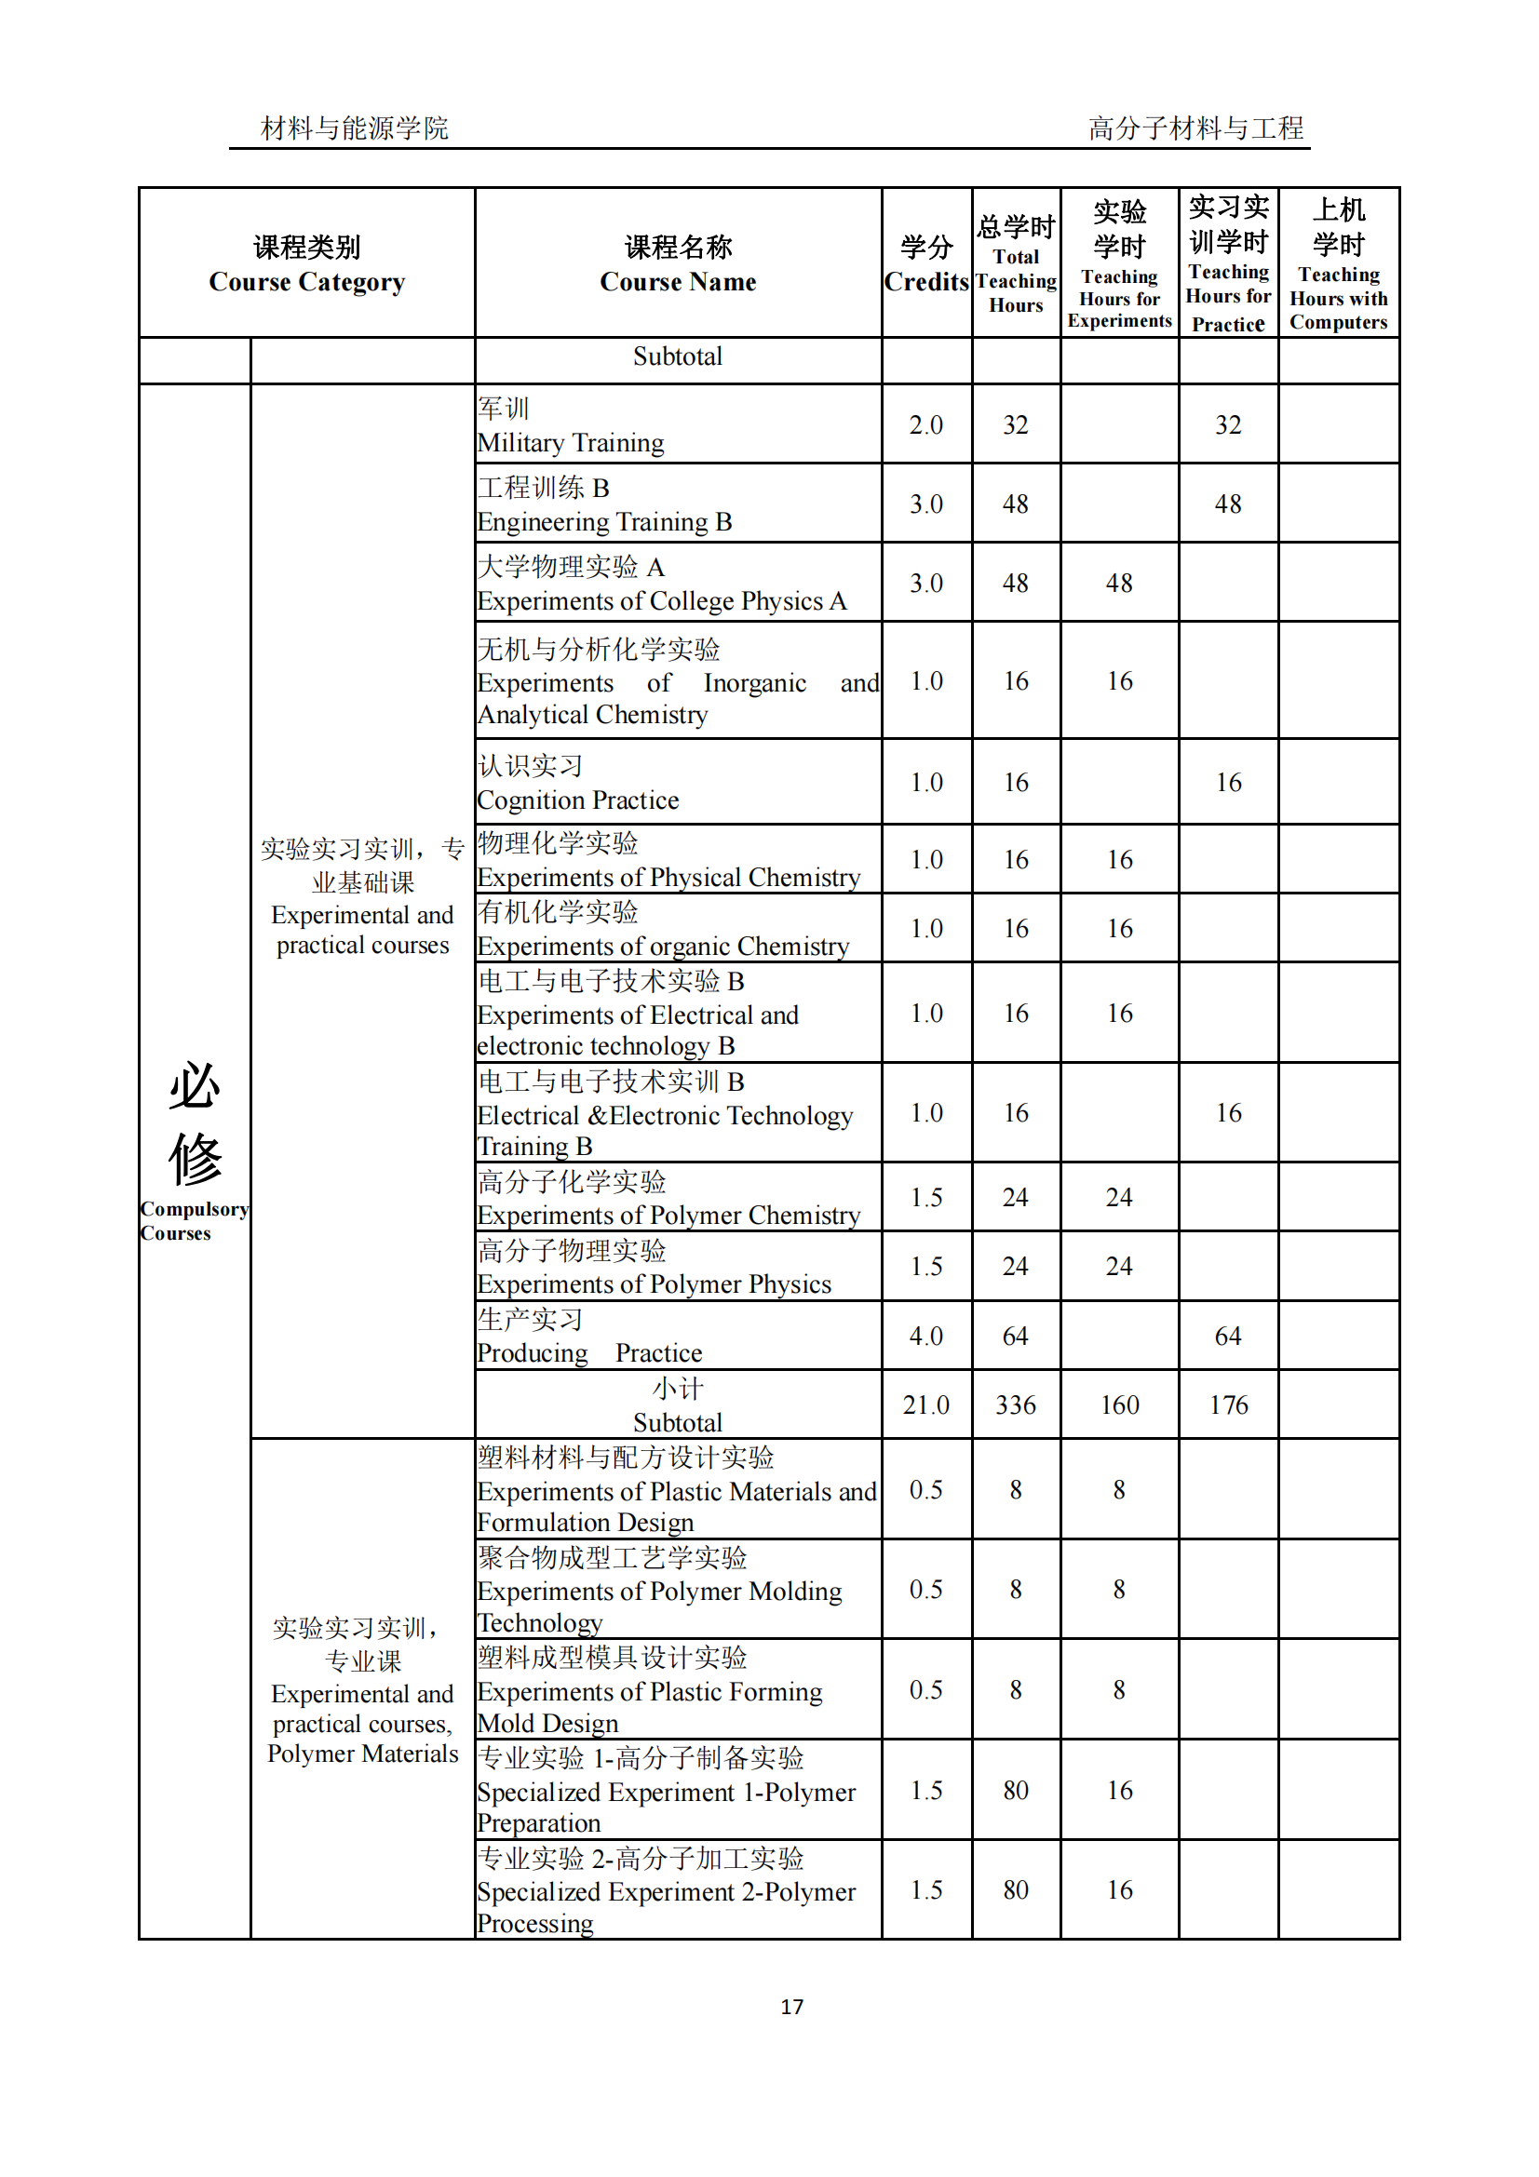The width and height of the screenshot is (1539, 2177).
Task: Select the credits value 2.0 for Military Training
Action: tap(925, 424)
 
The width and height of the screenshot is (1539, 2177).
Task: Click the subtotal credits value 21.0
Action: tap(925, 1404)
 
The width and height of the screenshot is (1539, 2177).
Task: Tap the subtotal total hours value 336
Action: tap(1015, 1404)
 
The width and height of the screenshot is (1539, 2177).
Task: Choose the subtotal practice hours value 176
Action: tap(1228, 1404)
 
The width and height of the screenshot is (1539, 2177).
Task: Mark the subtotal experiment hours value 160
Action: tap(1119, 1404)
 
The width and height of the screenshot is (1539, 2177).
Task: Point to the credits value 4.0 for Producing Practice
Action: tap(925, 1336)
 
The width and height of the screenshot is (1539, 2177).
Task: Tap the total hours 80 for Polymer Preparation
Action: tap(1015, 1790)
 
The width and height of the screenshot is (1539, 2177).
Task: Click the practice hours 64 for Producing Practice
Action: tap(1228, 1336)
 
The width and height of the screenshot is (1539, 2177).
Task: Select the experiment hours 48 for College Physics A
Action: tap(1119, 584)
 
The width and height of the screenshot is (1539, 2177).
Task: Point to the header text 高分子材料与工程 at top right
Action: tap(1195, 128)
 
